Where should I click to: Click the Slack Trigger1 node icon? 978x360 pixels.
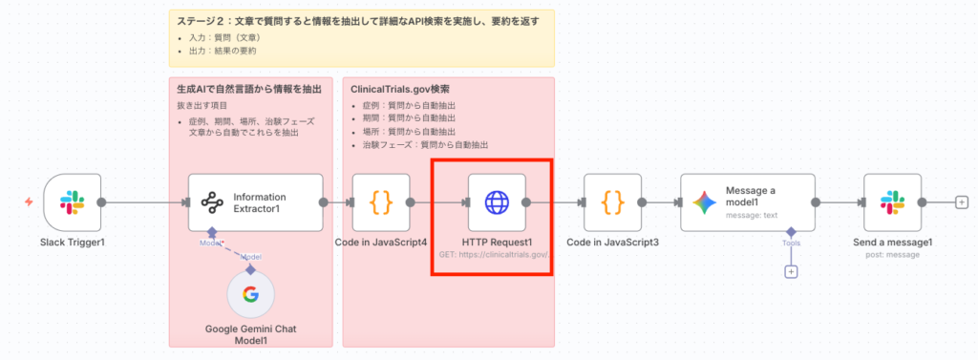tap(73, 202)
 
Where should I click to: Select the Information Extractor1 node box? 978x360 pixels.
tap(255, 202)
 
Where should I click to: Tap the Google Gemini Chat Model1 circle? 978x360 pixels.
tap(250, 294)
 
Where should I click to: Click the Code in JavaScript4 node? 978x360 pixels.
tap(381, 202)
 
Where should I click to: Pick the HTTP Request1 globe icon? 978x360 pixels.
tap(497, 202)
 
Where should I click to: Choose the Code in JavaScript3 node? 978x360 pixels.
tap(612, 202)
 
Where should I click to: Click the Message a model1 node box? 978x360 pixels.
tap(747, 202)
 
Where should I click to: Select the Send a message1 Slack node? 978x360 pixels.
tap(892, 202)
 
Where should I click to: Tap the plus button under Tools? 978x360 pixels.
tap(791, 272)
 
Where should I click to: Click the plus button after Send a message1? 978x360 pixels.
tap(961, 202)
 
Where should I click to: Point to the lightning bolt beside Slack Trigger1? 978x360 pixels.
tap(29, 202)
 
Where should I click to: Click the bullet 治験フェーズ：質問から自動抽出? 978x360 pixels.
tap(425, 144)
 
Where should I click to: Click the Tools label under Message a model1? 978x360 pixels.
tap(790, 244)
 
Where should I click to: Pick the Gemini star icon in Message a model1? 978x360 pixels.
tap(704, 202)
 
